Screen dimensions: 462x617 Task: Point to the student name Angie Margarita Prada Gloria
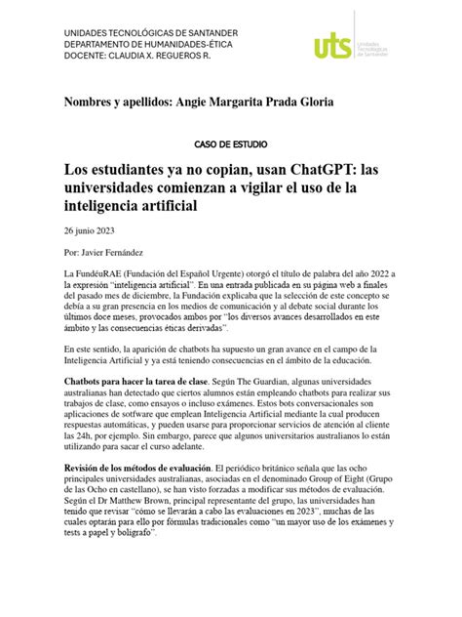[x=259, y=102]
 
